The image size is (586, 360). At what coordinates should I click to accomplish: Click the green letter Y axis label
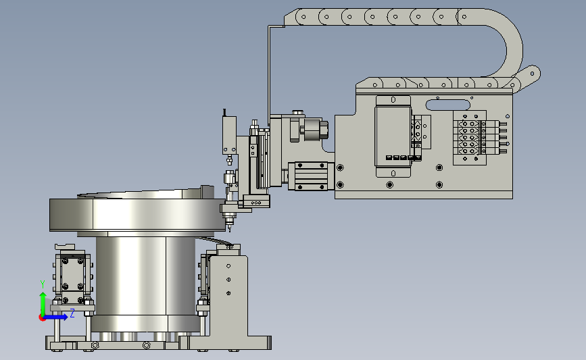(43, 284)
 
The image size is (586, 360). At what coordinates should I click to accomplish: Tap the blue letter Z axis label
(72, 313)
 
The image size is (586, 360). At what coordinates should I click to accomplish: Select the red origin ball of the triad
(42, 318)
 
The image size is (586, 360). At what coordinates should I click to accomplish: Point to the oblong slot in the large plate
(447, 105)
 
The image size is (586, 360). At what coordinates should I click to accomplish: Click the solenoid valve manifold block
(470, 137)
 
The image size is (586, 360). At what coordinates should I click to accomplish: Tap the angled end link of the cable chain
(529, 76)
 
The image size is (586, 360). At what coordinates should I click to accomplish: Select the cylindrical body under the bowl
(146, 276)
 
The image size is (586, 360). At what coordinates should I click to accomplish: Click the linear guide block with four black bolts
(311, 176)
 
